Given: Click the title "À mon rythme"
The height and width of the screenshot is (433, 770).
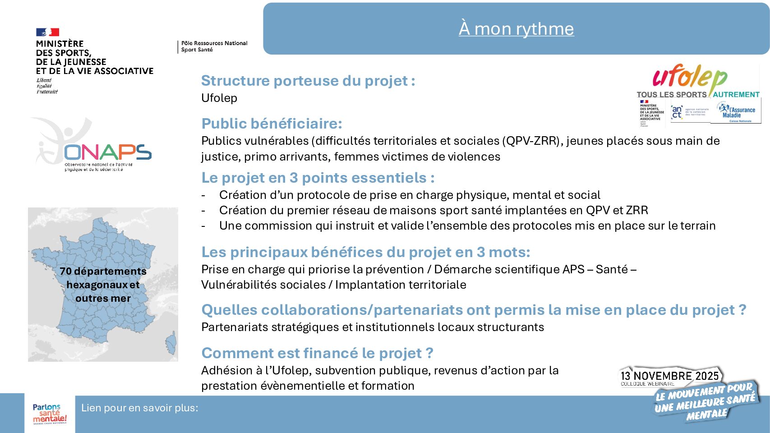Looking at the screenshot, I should (x=516, y=29).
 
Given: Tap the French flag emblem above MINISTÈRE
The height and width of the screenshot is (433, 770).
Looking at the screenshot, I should (x=47, y=32).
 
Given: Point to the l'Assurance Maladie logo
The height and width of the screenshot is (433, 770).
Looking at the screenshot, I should (x=736, y=112).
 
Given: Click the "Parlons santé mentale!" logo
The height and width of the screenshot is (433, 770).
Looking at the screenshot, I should (x=50, y=414).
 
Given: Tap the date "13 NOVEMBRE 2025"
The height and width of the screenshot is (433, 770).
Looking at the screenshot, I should (x=669, y=376).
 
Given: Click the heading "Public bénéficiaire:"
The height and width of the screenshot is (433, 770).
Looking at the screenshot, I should (x=272, y=124).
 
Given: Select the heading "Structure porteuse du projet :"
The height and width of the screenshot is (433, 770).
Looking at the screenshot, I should (x=308, y=81).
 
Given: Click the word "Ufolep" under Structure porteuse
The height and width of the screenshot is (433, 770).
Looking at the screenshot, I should (x=219, y=98).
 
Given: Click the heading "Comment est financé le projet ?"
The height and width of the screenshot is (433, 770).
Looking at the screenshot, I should (x=317, y=353).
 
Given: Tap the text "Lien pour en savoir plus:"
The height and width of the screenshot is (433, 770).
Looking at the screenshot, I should (x=139, y=408).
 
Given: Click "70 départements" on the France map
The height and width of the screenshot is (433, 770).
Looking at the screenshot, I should (x=103, y=271).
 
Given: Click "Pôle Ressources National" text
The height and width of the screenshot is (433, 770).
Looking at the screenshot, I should (x=214, y=43).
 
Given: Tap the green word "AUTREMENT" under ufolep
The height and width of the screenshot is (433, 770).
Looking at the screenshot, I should (x=736, y=94).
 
